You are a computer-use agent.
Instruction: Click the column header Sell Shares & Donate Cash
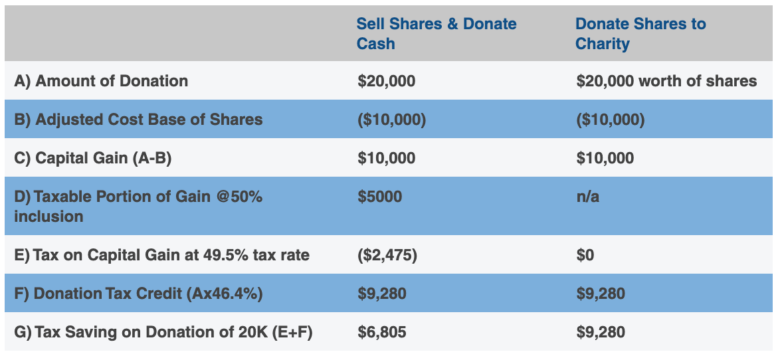(436, 34)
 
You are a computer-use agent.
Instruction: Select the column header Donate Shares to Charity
(640, 34)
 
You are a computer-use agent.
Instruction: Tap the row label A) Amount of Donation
(101, 81)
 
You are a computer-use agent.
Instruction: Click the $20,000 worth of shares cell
(666, 81)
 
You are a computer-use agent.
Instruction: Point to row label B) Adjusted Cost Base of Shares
(138, 120)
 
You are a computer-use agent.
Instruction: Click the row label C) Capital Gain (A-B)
(93, 158)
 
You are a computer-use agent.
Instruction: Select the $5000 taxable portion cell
(379, 197)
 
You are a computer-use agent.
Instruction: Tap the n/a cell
(587, 197)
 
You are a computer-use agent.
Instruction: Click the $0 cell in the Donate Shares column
(585, 255)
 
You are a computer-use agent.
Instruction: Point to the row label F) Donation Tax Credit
(138, 294)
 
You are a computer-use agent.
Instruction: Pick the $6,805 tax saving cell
(381, 332)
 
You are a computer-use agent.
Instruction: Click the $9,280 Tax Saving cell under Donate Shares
(601, 332)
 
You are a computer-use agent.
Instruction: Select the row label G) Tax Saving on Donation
(163, 332)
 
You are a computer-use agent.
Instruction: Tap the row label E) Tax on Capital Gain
(161, 255)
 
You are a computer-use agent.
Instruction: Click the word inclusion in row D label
(49, 217)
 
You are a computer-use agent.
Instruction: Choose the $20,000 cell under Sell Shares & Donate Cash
(386, 81)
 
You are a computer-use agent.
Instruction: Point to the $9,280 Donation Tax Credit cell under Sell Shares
(381, 294)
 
